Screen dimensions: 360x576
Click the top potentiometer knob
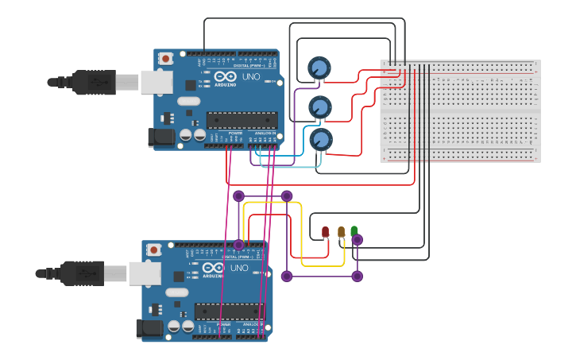pos(319,68)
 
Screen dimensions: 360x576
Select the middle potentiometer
pos(319,106)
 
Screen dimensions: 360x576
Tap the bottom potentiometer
pos(320,140)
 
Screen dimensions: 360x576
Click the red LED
pos(325,232)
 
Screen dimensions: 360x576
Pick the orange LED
pos(341,231)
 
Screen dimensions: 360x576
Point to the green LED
pos(354,230)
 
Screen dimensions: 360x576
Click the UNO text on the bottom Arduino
pos(238,268)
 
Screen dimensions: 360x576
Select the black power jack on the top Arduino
pos(162,137)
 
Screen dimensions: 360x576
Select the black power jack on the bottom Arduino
pos(149,327)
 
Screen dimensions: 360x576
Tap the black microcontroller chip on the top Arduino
pos(242,120)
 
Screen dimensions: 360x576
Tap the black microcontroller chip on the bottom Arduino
pos(229,311)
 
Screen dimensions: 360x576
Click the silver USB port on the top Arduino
pos(157,82)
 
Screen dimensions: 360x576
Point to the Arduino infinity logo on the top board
pos(225,77)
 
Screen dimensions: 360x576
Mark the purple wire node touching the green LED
pos(357,240)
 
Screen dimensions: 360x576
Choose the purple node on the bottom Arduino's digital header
pos(238,245)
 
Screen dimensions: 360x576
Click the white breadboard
pos(460,111)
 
